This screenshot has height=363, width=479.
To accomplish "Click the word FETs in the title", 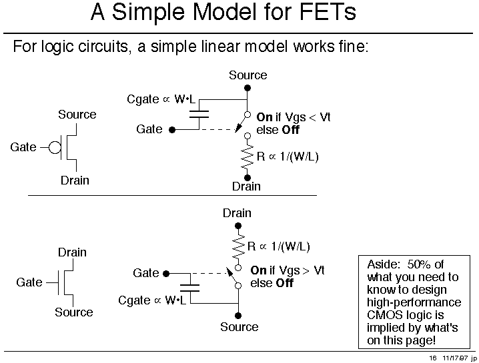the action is click(328, 12).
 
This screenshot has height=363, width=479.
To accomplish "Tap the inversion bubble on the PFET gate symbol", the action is click(55, 148).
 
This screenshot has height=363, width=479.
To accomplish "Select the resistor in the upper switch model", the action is click(248, 157).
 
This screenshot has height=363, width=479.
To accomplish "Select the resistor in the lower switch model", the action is click(238, 246).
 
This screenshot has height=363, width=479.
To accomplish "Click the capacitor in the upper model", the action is click(199, 115).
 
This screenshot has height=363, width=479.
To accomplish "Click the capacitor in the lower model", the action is click(189, 288).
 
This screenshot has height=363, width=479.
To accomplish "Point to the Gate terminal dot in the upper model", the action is click(172, 130).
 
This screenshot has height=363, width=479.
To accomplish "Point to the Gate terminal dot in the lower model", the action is click(166, 274).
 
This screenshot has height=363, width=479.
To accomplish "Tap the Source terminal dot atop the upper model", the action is click(248, 88).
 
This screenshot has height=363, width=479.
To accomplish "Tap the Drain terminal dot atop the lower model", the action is click(238, 226).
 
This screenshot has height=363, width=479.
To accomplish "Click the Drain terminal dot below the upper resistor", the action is click(248, 178).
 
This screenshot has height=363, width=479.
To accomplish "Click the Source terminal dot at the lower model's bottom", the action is click(238, 316).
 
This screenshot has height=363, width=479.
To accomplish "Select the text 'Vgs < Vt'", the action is click(308, 117).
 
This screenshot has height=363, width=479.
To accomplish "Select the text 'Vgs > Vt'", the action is click(302, 270).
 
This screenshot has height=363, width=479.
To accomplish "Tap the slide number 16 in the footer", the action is click(433, 358).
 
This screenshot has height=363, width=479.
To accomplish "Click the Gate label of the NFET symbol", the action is click(29, 282).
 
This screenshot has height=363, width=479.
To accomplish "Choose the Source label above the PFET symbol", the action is click(77, 115).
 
